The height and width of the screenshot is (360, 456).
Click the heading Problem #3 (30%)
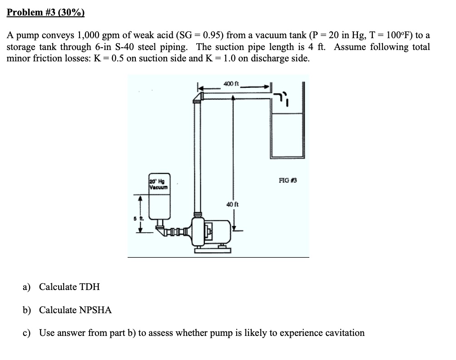(46, 12)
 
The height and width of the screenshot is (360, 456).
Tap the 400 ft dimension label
(231, 84)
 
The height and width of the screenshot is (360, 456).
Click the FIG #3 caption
(287, 180)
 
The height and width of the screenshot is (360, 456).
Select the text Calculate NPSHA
(75, 310)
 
